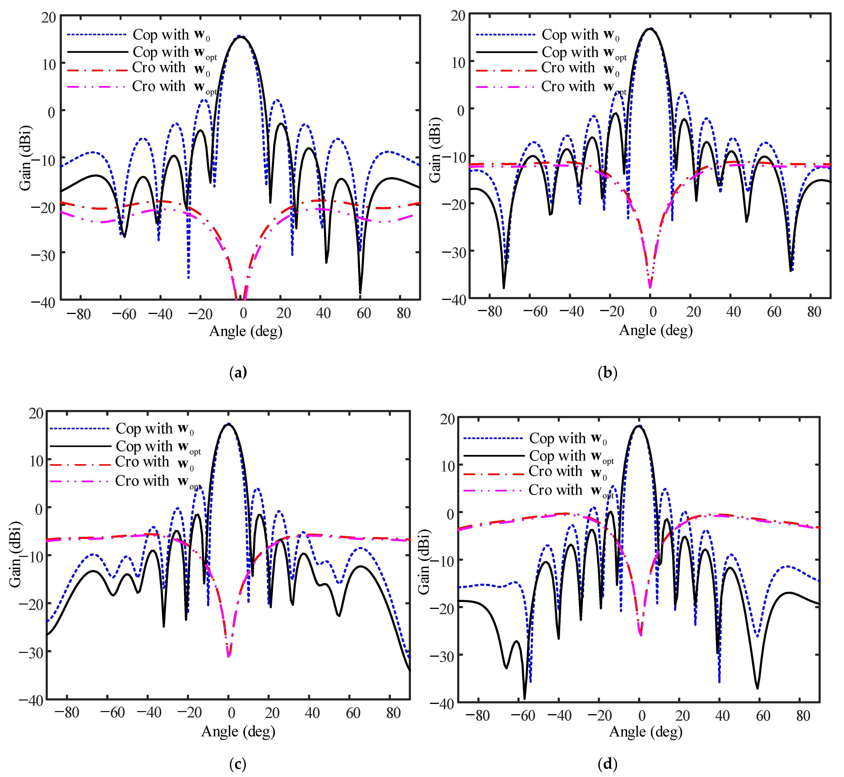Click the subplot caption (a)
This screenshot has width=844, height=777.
coord(238,373)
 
